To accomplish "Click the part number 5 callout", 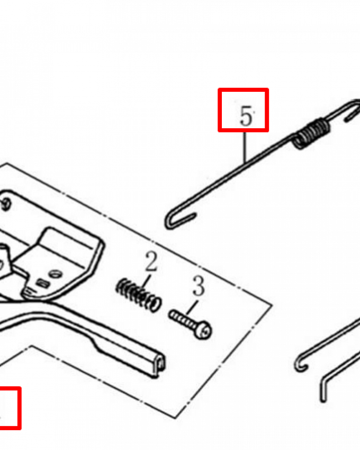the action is coord(246,116).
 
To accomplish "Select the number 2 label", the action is coord(151,261).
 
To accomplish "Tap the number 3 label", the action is coord(198,286).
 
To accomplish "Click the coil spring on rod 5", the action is coord(311,134).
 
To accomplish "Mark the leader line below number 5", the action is coord(245,148).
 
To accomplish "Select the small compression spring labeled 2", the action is coord(138,295).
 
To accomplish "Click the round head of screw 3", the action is coord(204,331).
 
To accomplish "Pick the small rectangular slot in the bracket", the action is coord(42,283).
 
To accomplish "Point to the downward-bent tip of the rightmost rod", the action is coord(323,390).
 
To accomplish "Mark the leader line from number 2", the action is coord(145,283).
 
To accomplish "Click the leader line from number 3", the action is coord(192,307).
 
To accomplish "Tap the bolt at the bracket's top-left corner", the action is coord(6,204).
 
